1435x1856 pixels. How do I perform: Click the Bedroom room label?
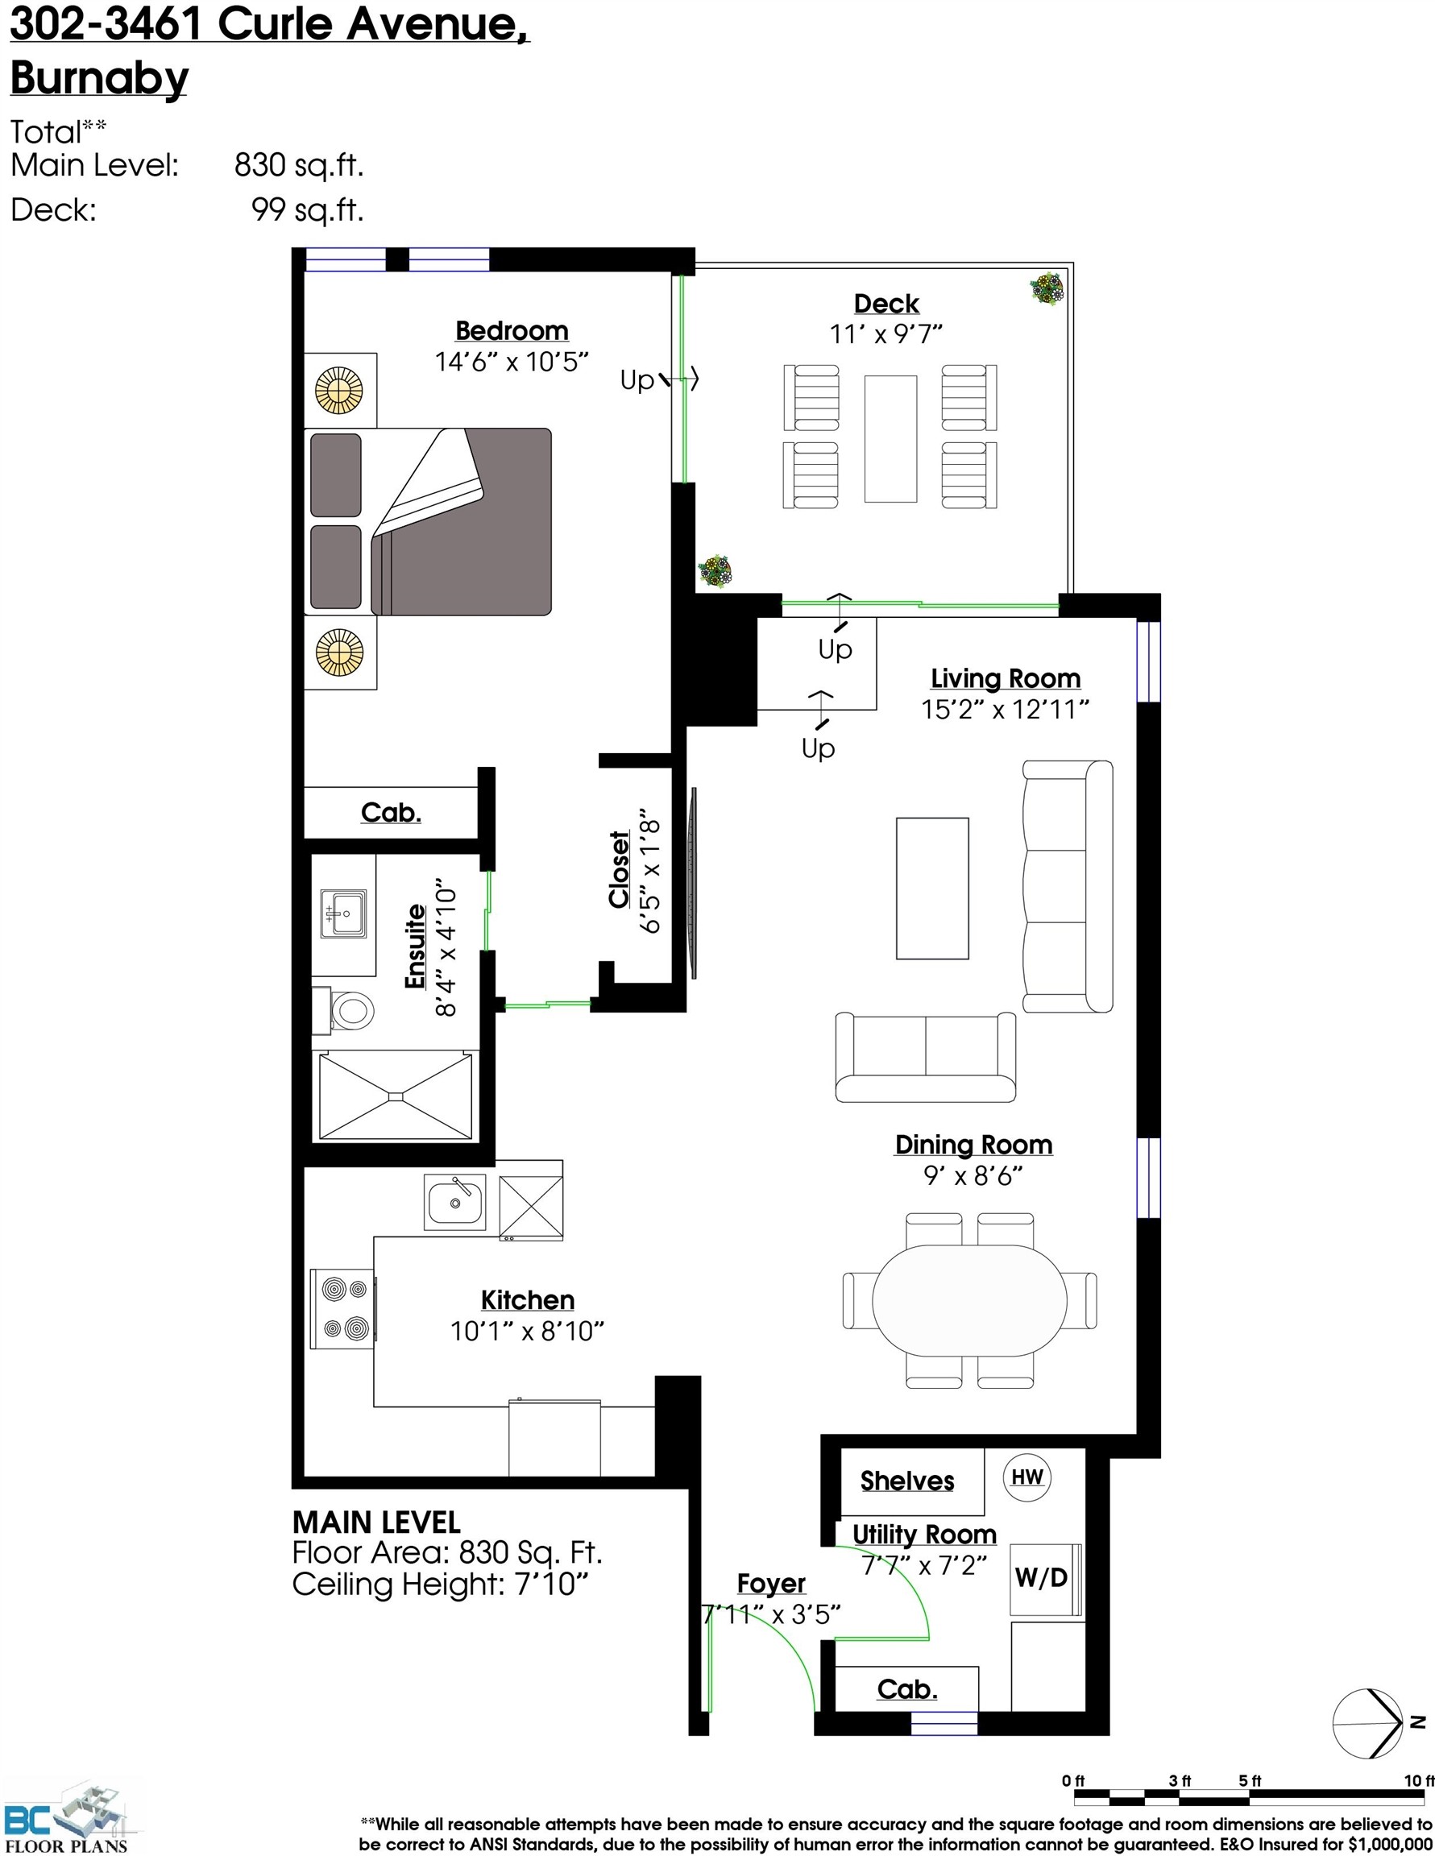click(x=511, y=330)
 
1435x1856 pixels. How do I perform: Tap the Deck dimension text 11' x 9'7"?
click(x=885, y=334)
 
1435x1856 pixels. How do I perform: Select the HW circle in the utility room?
click(x=1027, y=1477)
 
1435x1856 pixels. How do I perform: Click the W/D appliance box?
click(x=1040, y=1578)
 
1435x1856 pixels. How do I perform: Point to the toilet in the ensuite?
click(x=350, y=1011)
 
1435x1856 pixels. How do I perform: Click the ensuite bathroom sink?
click(x=343, y=913)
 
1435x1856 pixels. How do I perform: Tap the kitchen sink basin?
click(x=454, y=1202)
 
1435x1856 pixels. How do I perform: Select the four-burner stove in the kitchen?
click(x=343, y=1309)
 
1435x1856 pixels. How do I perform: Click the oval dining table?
click(x=969, y=1300)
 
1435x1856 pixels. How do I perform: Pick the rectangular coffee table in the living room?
click(x=931, y=888)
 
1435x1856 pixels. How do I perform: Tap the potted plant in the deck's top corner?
click(x=1047, y=288)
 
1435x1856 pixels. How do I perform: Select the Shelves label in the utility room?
click(x=906, y=1481)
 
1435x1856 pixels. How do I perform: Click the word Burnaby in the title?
click(x=98, y=78)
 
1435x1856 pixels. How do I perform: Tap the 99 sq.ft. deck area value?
click(x=307, y=209)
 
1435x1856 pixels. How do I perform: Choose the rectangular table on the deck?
click(x=890, y=438)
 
